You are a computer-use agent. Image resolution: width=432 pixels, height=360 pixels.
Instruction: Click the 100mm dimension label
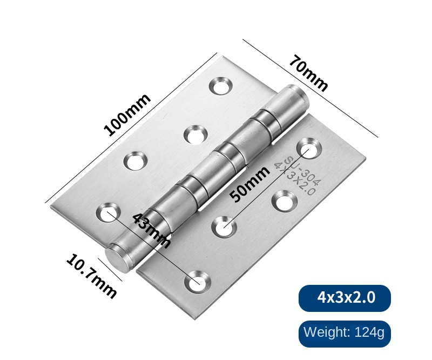127,115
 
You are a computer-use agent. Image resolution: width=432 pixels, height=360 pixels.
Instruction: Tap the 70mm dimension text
308,73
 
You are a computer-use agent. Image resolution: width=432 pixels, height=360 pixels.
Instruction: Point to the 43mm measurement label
151,231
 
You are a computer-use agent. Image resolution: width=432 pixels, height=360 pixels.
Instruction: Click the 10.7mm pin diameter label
91,276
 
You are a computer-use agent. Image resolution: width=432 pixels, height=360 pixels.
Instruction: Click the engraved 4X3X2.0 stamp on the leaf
294,178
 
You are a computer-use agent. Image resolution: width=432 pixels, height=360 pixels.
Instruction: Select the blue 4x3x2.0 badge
345,298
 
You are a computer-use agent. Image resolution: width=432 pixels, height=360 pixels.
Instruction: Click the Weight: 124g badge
345,334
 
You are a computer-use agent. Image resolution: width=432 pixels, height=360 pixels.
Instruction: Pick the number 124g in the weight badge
369,332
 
